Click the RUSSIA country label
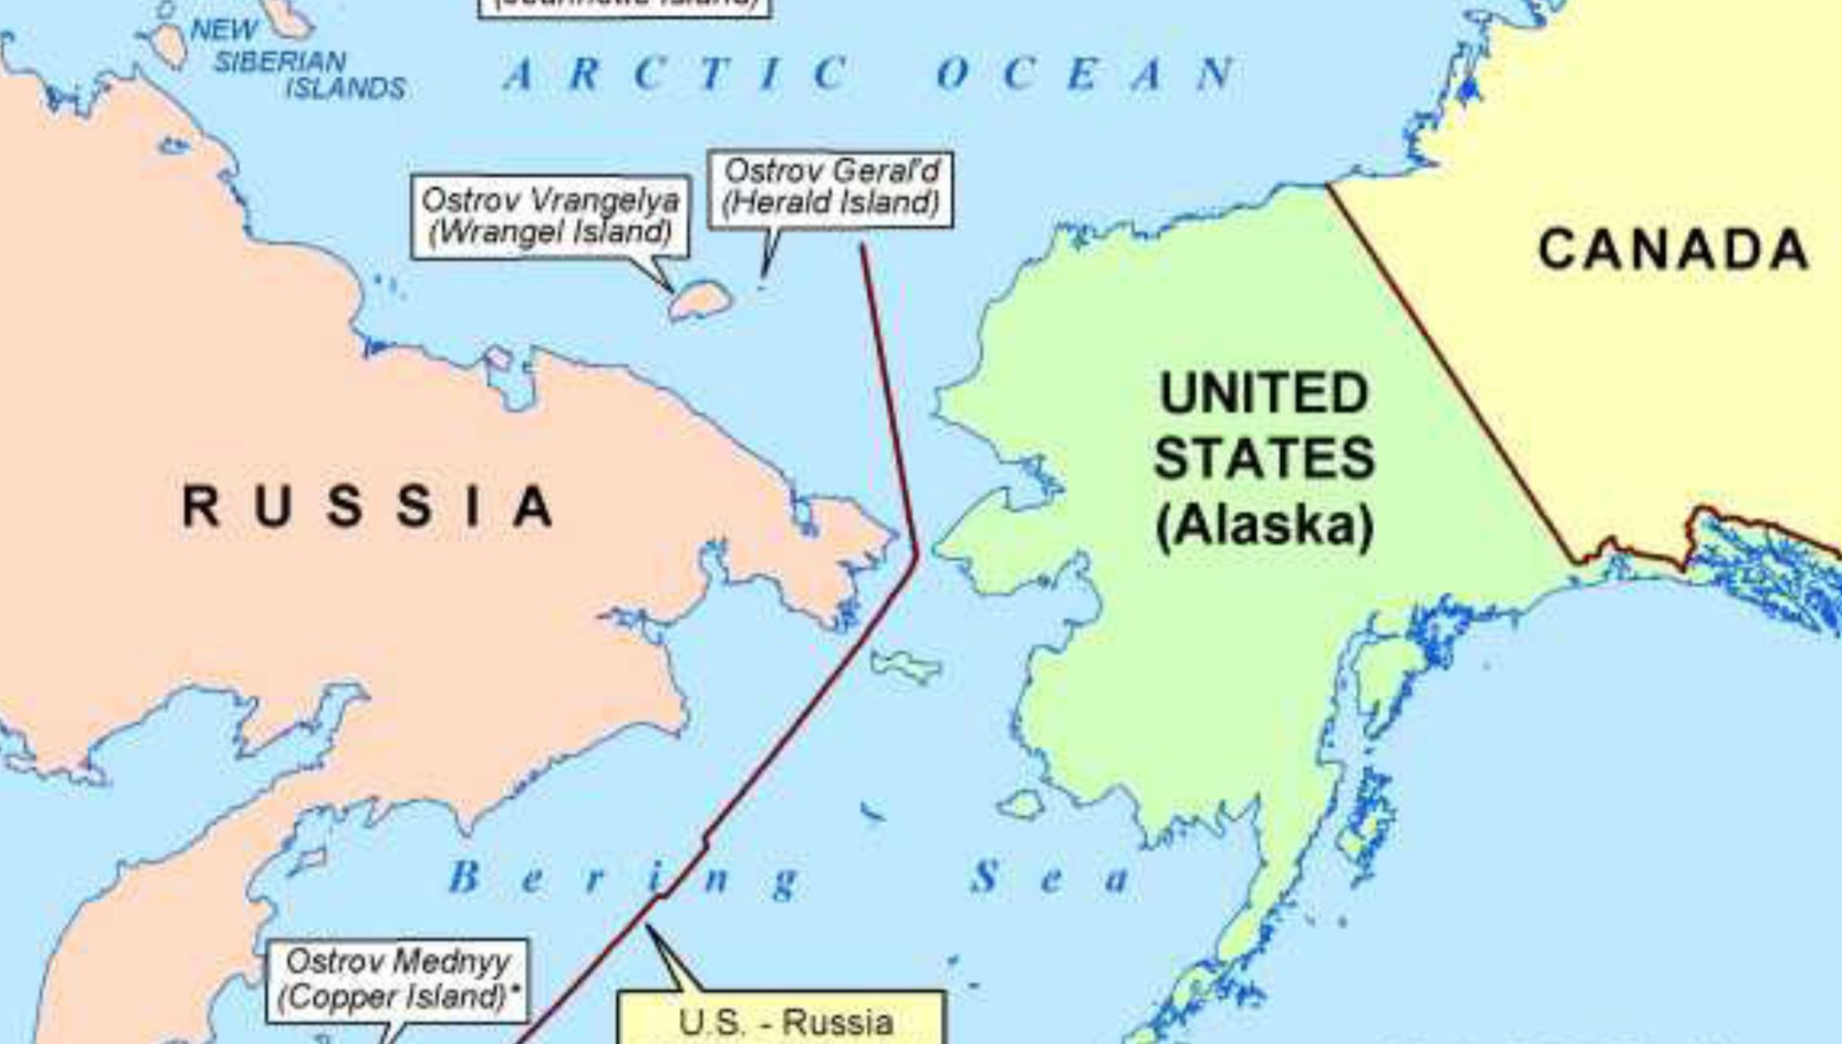coord(368,506)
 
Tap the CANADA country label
coord(1673,249)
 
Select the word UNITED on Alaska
coord(1264,393)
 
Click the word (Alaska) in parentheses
coord(1265,525)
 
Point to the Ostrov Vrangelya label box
coord(550,216)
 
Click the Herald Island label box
coord(830,189)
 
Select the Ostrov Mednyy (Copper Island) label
coord(398,979)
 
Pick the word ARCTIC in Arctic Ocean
coord(676,74)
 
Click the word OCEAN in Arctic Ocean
coord(1086,74)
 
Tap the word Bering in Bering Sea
coord(623,879)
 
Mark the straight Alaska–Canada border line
coord(1450,370)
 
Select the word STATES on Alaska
coord(1264,458)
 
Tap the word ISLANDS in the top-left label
coord(345,89)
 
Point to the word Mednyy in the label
coord(452,962)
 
